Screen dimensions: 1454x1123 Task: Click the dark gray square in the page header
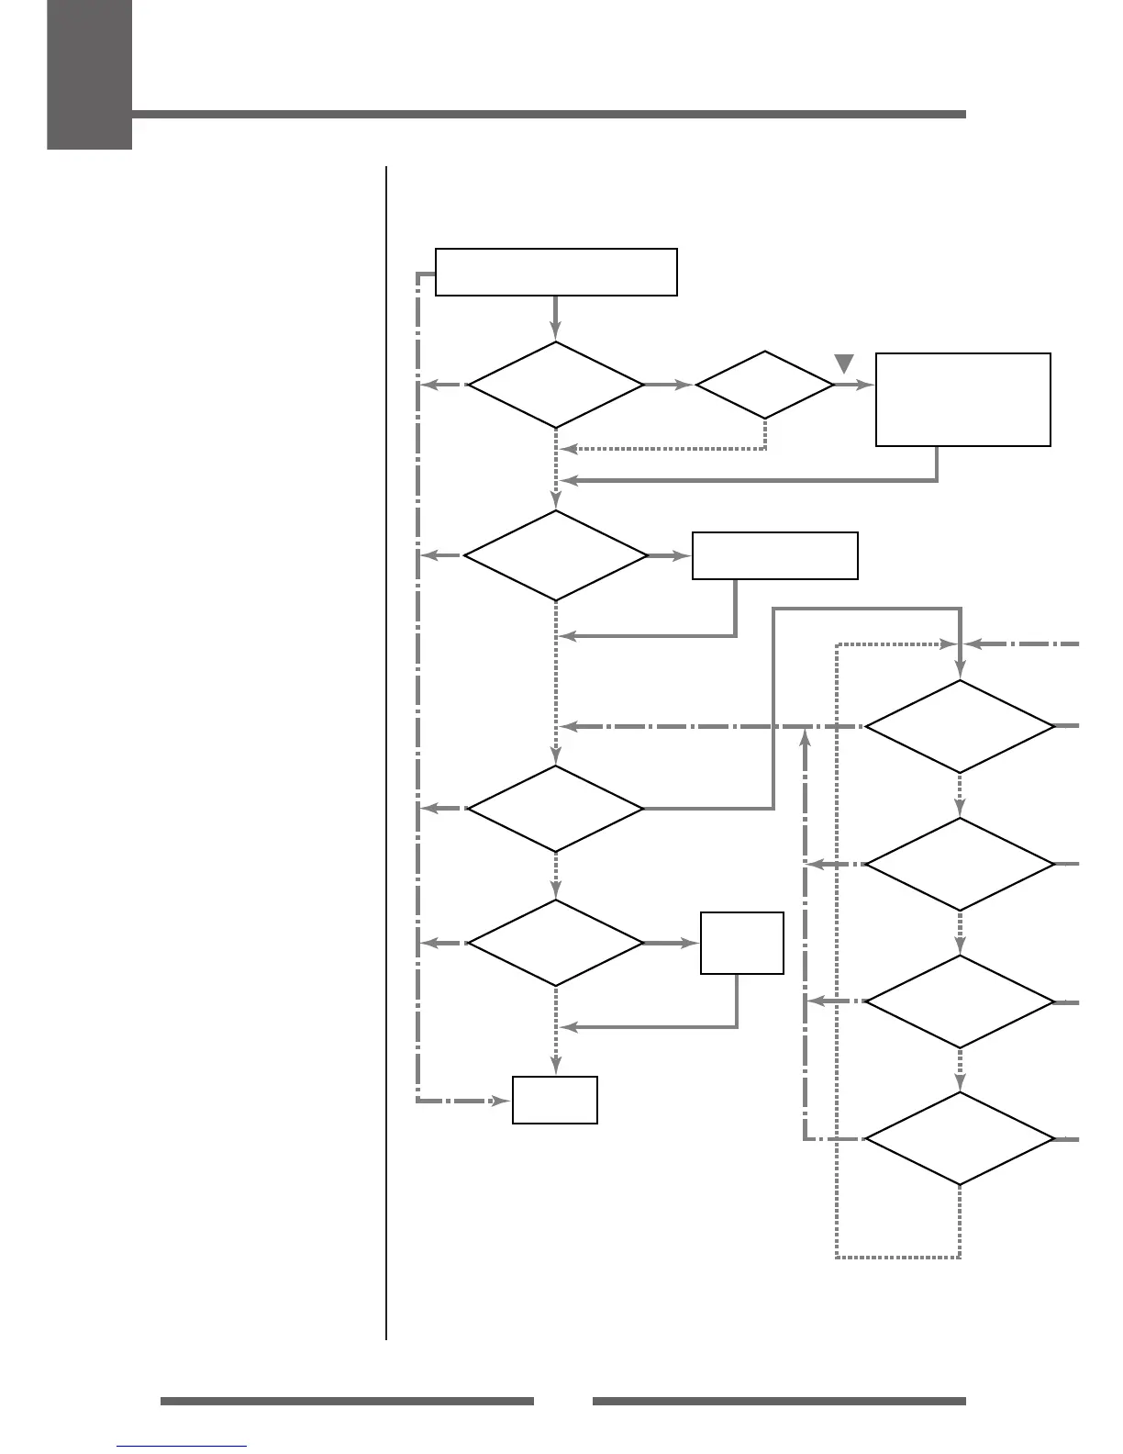tap(89, 73)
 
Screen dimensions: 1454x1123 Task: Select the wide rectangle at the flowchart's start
tap(556, 272)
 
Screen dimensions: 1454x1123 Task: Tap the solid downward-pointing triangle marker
tap(845, 363)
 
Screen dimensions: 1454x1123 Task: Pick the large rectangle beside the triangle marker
tap(962, 399)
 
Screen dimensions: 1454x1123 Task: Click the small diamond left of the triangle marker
tap(764, 386)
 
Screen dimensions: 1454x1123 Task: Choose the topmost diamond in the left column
tap(556, 386)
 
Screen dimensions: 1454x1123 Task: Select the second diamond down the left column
tap(556, 555)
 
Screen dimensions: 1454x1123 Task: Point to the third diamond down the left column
tap(556, 809)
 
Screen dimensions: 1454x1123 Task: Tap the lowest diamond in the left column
tap(556, 943)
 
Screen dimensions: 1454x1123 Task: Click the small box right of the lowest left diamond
tap(741, 943)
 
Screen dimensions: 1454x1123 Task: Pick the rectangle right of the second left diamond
tap(774, 555)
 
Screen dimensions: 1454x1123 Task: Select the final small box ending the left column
tap(555, 1100)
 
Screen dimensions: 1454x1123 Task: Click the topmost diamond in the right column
tap(960, 726)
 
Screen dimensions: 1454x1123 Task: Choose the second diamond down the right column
tap(960, 864)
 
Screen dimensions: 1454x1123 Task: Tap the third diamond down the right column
tap(960, 1001)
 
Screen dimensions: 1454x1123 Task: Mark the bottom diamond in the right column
tap(960, 1138)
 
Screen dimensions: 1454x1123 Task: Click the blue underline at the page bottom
tap(182, 1447)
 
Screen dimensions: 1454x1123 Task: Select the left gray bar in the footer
tap(347, 1401)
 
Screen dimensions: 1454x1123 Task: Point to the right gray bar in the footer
tap(779, 1401)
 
